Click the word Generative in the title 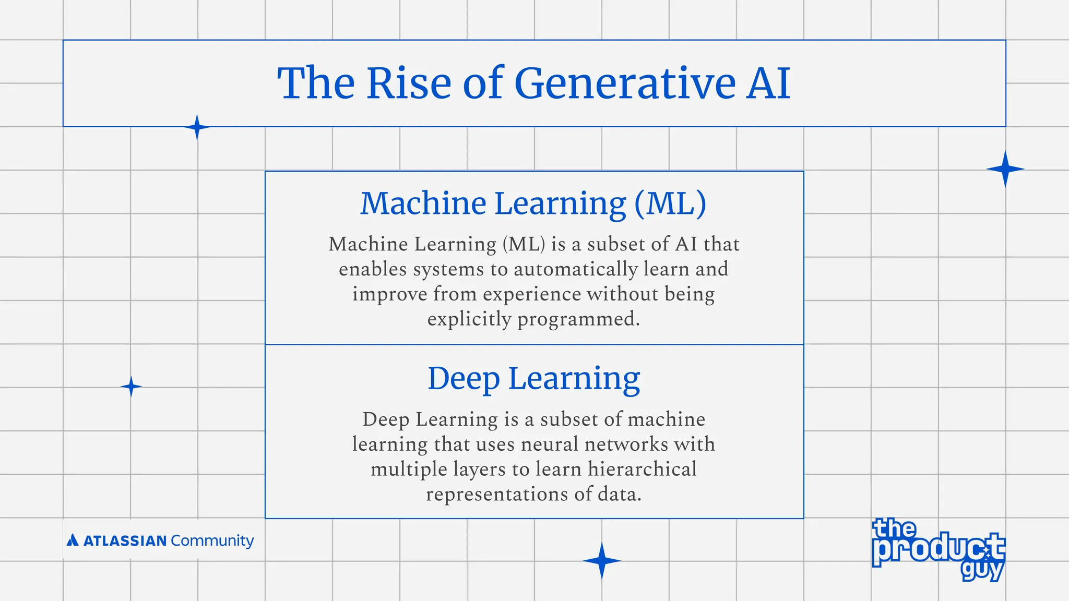coord(625,83)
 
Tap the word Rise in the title coord(409,83)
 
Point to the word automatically coord(576,269)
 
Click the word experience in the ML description coord(531,294)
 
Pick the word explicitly coord(469,319)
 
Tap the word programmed coord(578,319)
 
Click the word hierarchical coord(642,470)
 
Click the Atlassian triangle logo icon coord(73,540)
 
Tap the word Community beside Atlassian coord(212,540)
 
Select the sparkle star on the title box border coord(197,127)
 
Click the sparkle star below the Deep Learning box coord(601,561)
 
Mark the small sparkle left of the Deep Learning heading coord(131,387)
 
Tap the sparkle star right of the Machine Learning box coord(1005,169)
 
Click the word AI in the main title coord(768,83)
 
